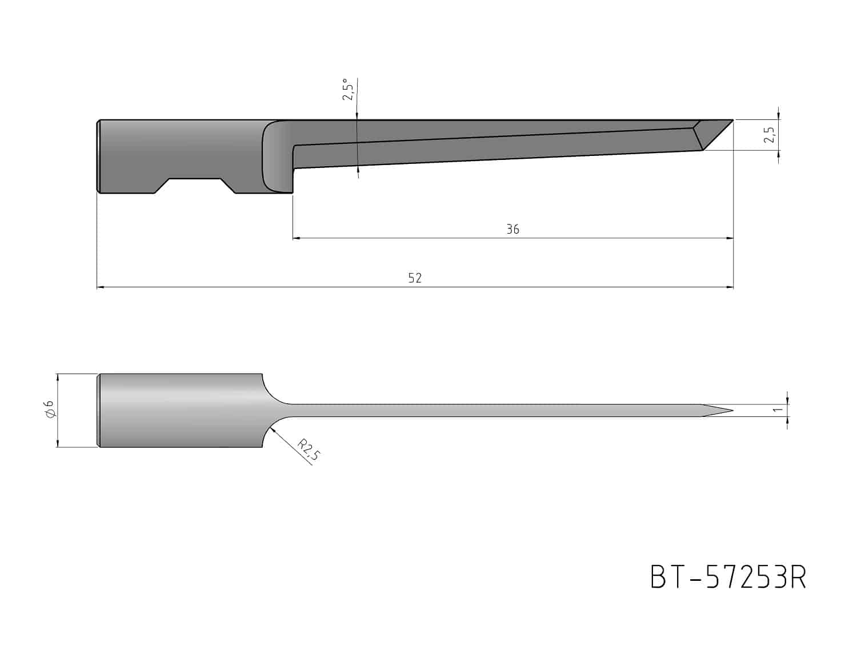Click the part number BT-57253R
point(728,577)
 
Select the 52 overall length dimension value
point(414,278)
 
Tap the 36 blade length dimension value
point(512,229)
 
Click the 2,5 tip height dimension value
point(769,135)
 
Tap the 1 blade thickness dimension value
point(778,410)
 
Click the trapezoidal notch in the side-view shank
point(195,186)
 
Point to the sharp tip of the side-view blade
point(733,120)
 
